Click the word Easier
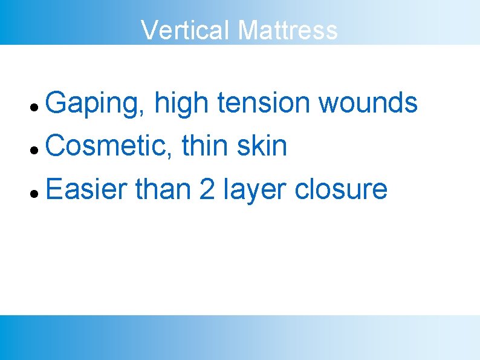coord(85,189)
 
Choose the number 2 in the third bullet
coord(207,189)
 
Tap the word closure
coord(340,189)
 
